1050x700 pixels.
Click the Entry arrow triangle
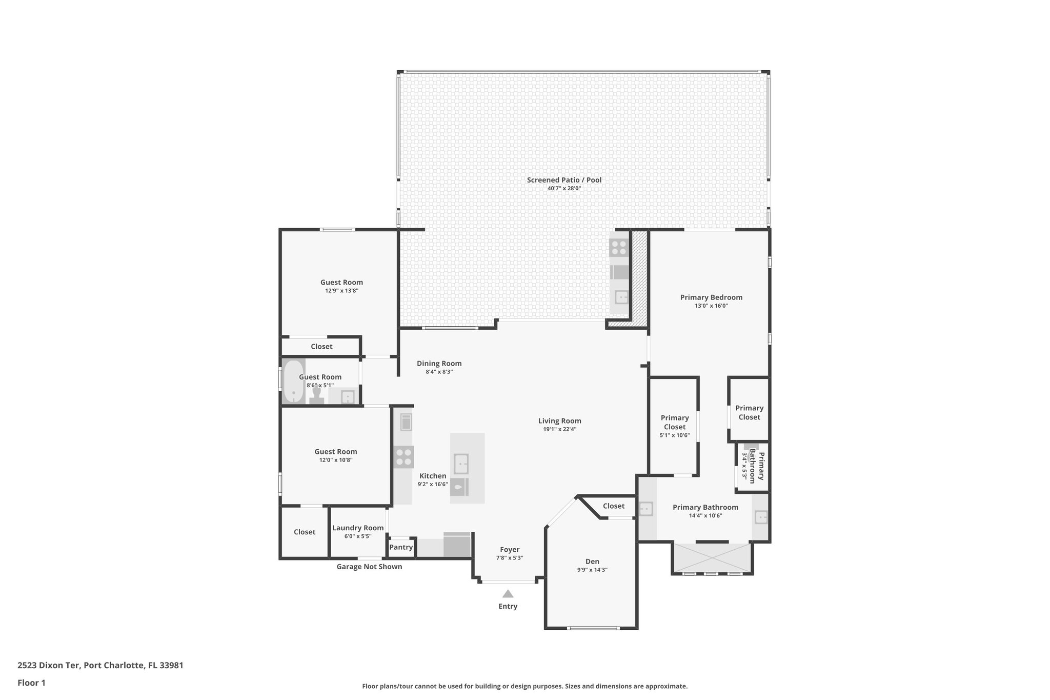coord(508,594)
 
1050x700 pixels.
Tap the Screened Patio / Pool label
coord(564,180)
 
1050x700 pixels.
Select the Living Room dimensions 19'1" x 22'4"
coord(560,430)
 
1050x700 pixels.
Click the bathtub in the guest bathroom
coord(293,382)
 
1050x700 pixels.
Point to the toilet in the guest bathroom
coord(316,395)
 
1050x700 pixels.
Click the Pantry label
coord(401,547)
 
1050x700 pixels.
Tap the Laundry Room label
coord(358,528)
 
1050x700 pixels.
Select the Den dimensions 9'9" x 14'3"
coord(592,570)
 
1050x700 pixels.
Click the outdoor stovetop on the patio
coord(619,248)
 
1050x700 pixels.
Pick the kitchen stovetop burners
coord(403,457)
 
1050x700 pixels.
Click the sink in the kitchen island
coord(461,464)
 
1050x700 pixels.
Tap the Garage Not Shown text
coord(369,567)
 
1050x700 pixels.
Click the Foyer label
coord(510,550)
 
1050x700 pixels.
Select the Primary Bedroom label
coord(711,297)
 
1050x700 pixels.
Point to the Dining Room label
coord(439,364)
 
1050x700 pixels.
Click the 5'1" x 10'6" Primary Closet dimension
coord(675,435)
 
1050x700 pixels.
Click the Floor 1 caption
coord(31,683)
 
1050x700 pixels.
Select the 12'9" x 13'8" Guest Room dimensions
coord(341,291)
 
